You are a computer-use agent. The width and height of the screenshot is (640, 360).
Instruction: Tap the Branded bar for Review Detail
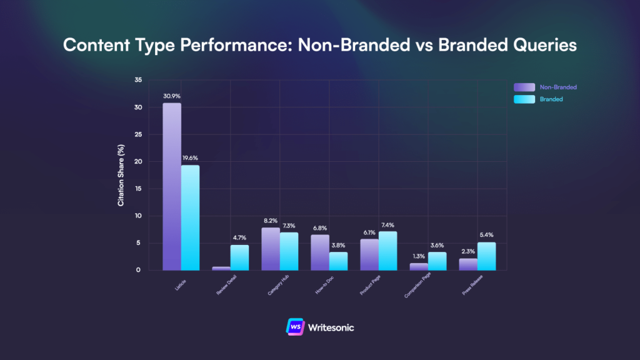tap(239, 257)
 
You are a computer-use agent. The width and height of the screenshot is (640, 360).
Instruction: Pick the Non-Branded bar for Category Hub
tap(270, 249)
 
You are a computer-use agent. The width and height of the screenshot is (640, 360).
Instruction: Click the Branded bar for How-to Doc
tap(338, 261)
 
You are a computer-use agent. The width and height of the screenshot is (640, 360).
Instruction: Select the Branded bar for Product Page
tap(387, 251)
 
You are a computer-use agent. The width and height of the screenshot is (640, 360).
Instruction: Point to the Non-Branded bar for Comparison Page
tap(418, 267)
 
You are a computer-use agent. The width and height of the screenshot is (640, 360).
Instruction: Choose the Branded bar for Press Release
tap(486, 256)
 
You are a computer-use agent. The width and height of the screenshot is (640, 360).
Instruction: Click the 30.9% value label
tap(172, 96)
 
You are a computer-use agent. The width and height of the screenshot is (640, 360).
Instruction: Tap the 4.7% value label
tap(239, 238)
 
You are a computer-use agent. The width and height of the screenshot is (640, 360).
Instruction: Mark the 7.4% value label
tap(387, 225)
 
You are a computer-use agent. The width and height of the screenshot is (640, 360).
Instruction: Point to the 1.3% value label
tap(418, 256)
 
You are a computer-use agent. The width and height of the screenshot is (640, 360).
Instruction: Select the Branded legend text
tap(551, 99)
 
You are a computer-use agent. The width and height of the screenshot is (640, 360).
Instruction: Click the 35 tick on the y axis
tap(137, 80)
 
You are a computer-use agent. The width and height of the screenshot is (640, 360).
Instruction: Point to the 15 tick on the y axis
tap(137, 189)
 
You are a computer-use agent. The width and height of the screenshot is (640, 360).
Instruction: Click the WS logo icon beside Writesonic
tap(294, 327)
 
